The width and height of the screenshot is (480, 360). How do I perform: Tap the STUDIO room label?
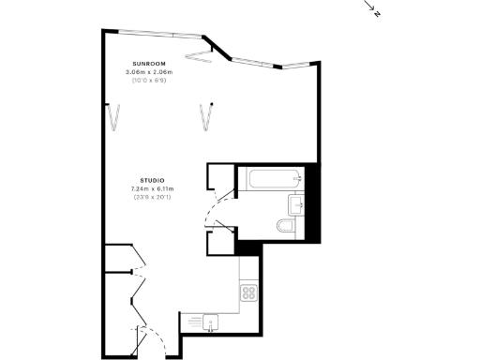[x=152, y=180]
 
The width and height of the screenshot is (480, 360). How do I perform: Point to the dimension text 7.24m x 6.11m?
[x=152, y=188]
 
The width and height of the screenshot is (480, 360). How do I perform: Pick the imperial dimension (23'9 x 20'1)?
[x=152, y=197]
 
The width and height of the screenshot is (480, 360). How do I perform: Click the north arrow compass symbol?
[x=372, y=11]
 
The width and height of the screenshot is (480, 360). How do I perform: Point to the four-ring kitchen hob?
[x=249, y=292]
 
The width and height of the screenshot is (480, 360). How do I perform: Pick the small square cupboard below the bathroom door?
[x=220, y=241]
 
